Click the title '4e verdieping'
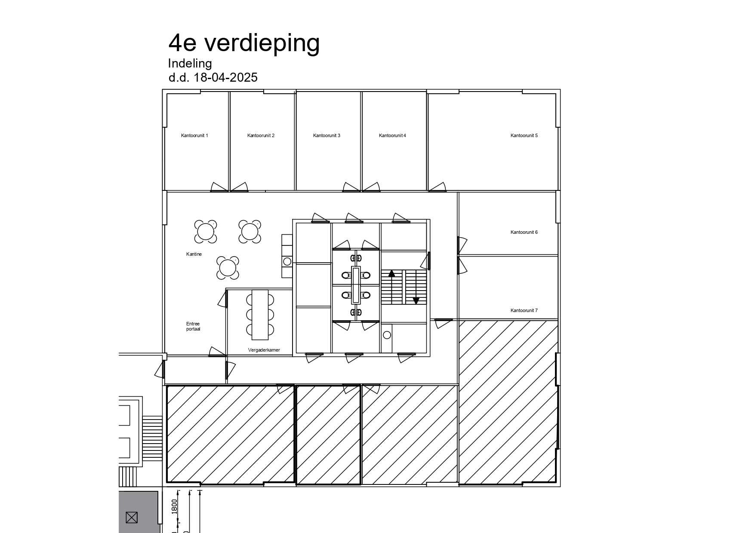[244, 43]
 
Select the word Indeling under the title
[190, 64]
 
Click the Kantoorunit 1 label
[194, 135]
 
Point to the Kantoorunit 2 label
[261, 135]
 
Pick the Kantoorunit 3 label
[327, 135]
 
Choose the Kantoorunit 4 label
[392, 135]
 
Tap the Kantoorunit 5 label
[524, 135]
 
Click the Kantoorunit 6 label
[524, 232]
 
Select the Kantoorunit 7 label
[524, 310]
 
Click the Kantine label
[194, 254]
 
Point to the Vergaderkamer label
[264, 350]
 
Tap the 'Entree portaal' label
[193, 326]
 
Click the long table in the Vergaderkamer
[260, 315]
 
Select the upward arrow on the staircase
[391, 273]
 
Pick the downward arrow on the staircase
[416, 300]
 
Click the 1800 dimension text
[174, 506]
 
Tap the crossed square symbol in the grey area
[132, 518]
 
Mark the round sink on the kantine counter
[287, 261]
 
